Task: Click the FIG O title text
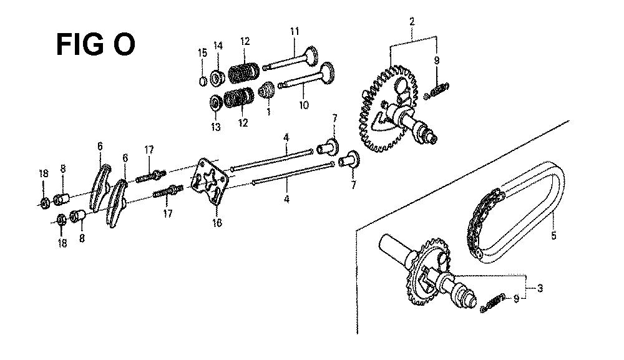pos(95,44)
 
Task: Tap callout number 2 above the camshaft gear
pos(412,21)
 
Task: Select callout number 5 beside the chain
pos(553,236)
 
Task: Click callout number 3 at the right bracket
pos(540,288)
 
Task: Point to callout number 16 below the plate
pos(217,223)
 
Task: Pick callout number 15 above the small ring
pos(203,52)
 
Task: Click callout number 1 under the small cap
pos(268,112)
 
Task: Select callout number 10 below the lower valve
pos(304,105)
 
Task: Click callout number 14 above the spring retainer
pos(218,46)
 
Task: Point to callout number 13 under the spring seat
pos(216,127)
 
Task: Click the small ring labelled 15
pos(203,81)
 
